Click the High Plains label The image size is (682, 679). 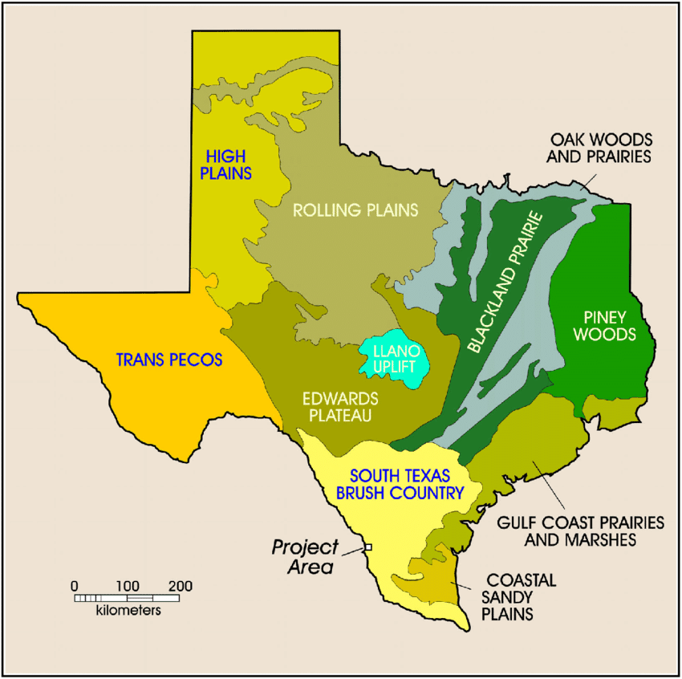[229, 164]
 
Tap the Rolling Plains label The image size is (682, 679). [356, 210]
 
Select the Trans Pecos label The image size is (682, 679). [168, 360]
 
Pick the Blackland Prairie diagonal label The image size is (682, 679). [505, 283]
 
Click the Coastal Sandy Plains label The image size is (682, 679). [518, 596]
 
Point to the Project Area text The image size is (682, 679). [306, 556]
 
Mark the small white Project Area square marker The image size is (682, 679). [368, 547]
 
